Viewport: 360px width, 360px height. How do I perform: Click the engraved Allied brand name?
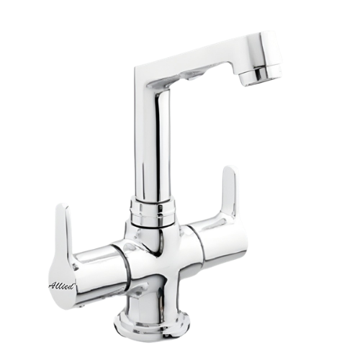[63, 286]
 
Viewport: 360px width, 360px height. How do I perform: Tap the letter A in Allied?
[53, 286]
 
